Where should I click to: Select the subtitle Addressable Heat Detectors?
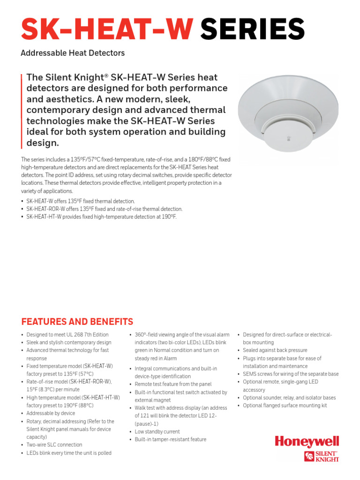click(73, 53)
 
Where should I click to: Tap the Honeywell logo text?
click(307, 442)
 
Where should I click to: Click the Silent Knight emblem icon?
click(309, 457)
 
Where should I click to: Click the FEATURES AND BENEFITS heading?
click(77, 322)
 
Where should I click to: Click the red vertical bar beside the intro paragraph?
click(22, 110)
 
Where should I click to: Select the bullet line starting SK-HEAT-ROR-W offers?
click(104, 209)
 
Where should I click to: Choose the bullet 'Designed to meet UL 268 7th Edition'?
click(67, 335)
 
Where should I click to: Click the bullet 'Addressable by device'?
click(51, 413)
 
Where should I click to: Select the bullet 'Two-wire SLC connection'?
click(54, 445)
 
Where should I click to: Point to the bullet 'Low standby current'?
click(157, 432)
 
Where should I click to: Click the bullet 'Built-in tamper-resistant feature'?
click(170, 440)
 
